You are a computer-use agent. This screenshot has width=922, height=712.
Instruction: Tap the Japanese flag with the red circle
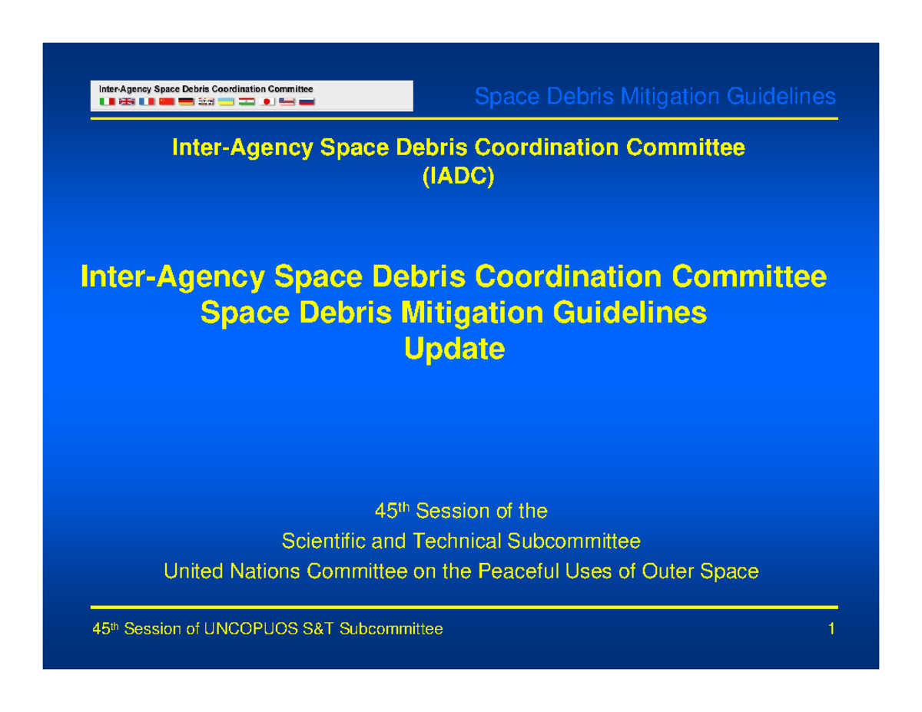pyautogui.click(x=267, y=101)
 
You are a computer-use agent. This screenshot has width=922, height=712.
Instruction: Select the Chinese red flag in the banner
pyautogui.click(x=166, y=101)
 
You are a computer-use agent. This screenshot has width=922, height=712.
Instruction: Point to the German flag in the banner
pyautogui.click(x=186, y=101)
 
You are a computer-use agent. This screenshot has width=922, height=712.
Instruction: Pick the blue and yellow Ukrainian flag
pyautogui.click(x=227, y=101)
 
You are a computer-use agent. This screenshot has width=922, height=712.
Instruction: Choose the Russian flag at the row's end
pyautogui.click(x=307, y=101)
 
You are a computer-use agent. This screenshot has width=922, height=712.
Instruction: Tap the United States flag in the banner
pyautogui.click(x=287, y=101)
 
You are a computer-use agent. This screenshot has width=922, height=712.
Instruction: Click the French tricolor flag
pyautogui.click(x=146, y=101)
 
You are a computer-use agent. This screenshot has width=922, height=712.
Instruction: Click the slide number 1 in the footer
pyautogui.click(x=831, y=630)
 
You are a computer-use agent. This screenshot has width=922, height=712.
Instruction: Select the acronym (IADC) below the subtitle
pyautogui.click(x=459, y=177)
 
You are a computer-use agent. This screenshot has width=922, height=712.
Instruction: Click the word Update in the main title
pyautogui.click(x=454, y=350)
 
